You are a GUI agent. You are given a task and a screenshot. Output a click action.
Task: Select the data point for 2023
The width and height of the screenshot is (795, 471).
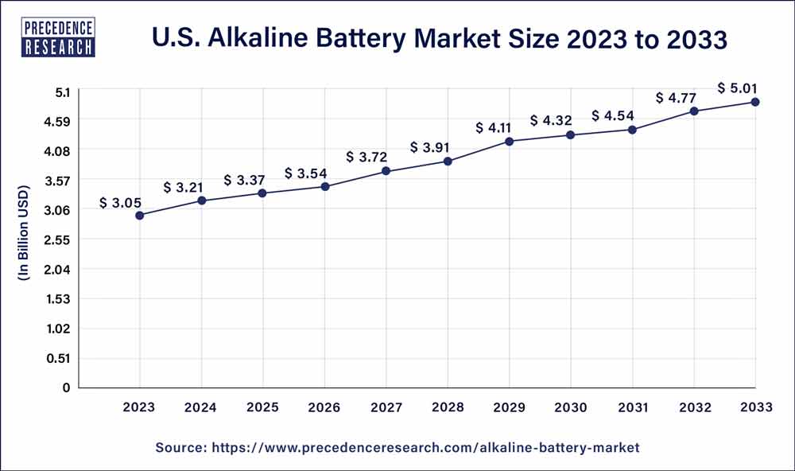point(140,215)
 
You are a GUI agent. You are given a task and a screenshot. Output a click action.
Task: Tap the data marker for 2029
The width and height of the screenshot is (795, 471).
point(510,142)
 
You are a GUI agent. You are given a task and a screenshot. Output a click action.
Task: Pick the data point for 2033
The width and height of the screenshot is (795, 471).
point(755,102)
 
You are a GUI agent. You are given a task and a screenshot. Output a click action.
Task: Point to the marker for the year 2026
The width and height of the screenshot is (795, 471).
point(325,186)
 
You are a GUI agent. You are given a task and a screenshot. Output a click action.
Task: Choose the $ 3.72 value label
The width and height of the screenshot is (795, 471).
point(366,157)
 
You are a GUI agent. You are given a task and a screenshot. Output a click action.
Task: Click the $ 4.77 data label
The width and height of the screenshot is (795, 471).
point(676,98)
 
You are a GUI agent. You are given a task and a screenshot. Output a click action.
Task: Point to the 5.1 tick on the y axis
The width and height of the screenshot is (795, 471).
point(64,91)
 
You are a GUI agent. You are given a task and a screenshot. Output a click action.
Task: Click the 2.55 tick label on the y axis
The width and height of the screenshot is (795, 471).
point(60,239)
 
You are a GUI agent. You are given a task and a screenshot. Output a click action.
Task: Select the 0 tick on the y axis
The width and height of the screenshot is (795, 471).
point(68,387)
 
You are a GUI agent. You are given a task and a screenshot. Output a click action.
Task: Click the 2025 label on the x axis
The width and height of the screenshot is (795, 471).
point(263,407)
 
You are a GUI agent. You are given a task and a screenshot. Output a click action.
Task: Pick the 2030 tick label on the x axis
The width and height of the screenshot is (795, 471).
point(571,407)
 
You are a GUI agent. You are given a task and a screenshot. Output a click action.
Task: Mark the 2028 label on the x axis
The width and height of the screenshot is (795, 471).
point(448,407)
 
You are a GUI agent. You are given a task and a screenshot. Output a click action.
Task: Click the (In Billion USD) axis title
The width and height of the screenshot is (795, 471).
point(23,233)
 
